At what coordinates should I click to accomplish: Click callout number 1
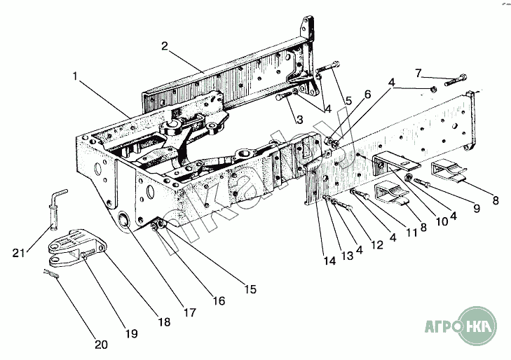tap(75, 76)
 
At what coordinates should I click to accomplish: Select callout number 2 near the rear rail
tap(165, 46)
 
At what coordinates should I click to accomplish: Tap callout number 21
tap(19, 253)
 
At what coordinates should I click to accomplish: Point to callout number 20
tap(101, 345)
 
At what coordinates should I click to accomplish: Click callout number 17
tap(190, 312)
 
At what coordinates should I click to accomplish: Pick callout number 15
tap(250, 289)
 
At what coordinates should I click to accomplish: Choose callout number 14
tap(330, 261)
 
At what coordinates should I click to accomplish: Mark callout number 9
tap(477, 208)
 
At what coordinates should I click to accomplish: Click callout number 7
tap(418, 74)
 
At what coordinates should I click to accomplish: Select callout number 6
tap(367, 95)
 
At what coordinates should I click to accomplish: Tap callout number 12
tap(377, 244)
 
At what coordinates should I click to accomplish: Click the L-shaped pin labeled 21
tap(57, 209)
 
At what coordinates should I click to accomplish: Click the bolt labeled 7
tap(456, 80)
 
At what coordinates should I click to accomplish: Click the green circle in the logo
tap(478, 326)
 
